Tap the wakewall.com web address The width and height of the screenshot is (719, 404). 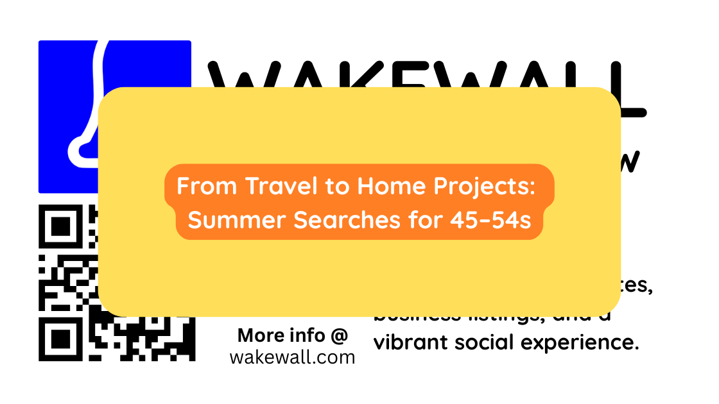click(x=292, y=357)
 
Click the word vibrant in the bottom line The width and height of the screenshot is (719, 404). click(x=411, y=342)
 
